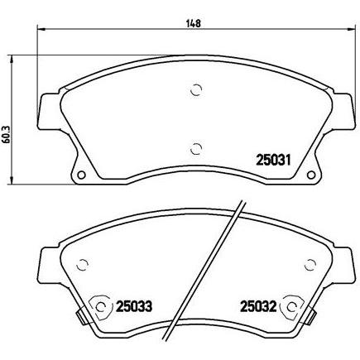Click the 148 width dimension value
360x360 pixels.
pos(195,23)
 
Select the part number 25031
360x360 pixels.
pos(273,160)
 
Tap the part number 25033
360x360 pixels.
pos(134,306)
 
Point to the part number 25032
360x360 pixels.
pos(258,306)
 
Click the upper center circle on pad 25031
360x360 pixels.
pos(196,89)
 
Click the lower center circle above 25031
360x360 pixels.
pos(196,149)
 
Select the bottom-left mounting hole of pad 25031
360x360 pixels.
pos(81,175)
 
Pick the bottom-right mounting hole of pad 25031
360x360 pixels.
pos(311,175)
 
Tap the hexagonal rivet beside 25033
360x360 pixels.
pos(101,306)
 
